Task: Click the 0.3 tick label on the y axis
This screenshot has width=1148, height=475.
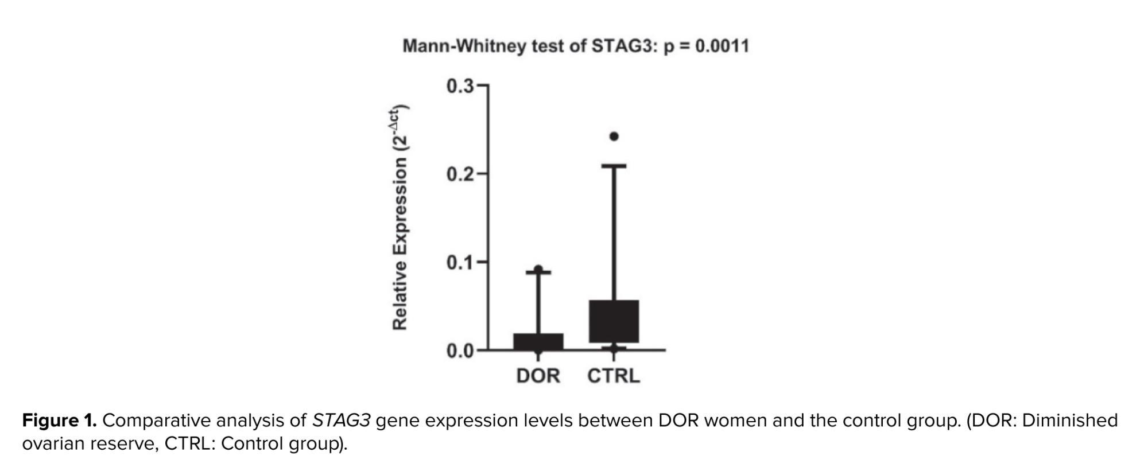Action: (460, 87)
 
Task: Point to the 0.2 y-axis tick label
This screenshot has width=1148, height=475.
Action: (460, 174)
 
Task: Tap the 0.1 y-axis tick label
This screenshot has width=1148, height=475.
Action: (460, 263)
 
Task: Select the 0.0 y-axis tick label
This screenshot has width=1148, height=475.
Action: (460, 351)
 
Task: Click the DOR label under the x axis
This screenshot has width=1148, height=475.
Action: (538, 376)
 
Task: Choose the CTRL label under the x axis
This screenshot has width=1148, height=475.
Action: (613, 376)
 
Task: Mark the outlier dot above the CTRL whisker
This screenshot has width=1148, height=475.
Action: (614, 137)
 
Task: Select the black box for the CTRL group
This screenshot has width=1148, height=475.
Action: (614, 321)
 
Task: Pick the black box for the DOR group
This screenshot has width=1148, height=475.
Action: (538, 341)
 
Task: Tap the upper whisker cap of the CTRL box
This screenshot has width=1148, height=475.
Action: (614, 166)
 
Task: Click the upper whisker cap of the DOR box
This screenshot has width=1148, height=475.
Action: (538, 272)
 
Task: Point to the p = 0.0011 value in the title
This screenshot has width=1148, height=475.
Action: (707, 46)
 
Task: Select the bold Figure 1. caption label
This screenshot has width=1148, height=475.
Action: (59, 421)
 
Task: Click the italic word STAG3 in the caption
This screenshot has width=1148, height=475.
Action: (341, 421)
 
